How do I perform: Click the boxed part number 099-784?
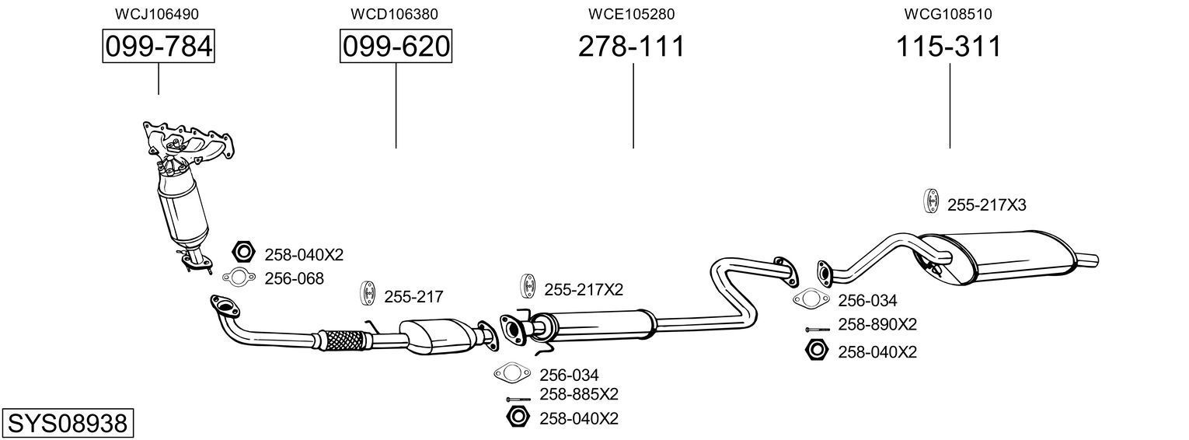159,47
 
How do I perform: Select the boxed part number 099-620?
396,47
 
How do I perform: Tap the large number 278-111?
632,47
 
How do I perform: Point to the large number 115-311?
949,47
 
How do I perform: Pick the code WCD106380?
394,14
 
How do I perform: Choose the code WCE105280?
632,14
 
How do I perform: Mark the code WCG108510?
948,14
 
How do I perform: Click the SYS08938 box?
67,424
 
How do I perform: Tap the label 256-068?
294,278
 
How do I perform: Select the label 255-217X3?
986,205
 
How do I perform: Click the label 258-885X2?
579,394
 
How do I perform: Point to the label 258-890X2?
877,325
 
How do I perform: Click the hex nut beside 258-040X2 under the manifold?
244,252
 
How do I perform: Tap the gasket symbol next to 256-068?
239,276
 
